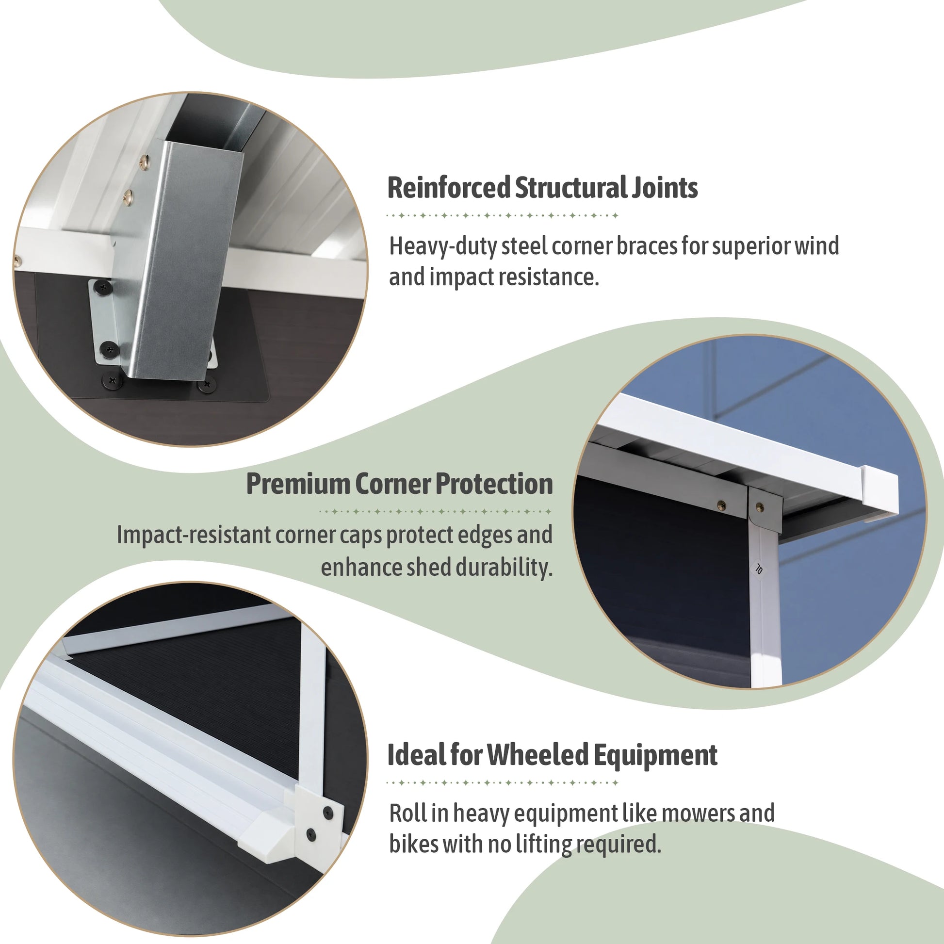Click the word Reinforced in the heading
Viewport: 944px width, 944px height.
point(449,188)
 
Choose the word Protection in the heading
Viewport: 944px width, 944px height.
point(494,484)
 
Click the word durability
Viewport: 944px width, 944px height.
point(504,567)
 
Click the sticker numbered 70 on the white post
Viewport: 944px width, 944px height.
point(758,569)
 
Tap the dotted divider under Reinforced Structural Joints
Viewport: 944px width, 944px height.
point(502,215)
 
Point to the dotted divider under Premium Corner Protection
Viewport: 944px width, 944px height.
point(435,512)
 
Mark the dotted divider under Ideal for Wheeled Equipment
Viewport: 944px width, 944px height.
point(502,783)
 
